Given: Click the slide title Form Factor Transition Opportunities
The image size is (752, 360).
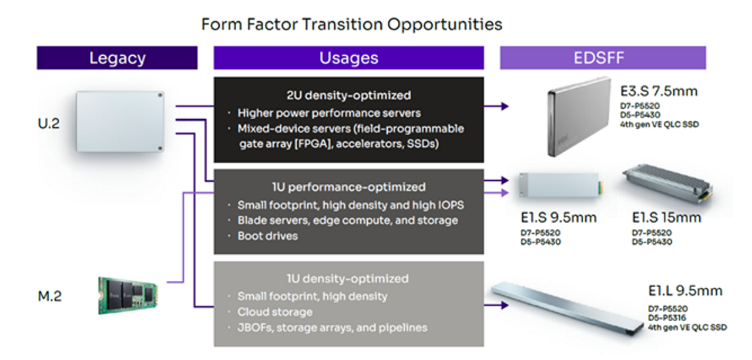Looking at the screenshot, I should [x=351, y=24].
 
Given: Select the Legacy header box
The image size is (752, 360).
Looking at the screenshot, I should [x=117, y=58].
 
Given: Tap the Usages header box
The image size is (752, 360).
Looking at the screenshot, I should [x=348, y=58].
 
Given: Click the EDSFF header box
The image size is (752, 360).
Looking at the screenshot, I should [x=602, y=58].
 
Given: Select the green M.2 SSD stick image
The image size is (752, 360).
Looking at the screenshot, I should [x=127, y=292].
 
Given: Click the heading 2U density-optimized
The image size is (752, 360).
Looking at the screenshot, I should [x=348, y=95].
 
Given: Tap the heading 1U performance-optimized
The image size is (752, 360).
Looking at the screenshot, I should [x=348, y=187].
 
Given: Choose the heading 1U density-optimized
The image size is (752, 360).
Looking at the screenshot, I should [x=348, y=278].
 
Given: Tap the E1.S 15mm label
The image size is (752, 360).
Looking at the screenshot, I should [x=666, y=218].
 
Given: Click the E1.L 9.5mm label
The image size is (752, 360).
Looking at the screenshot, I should [x=685, y=291].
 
